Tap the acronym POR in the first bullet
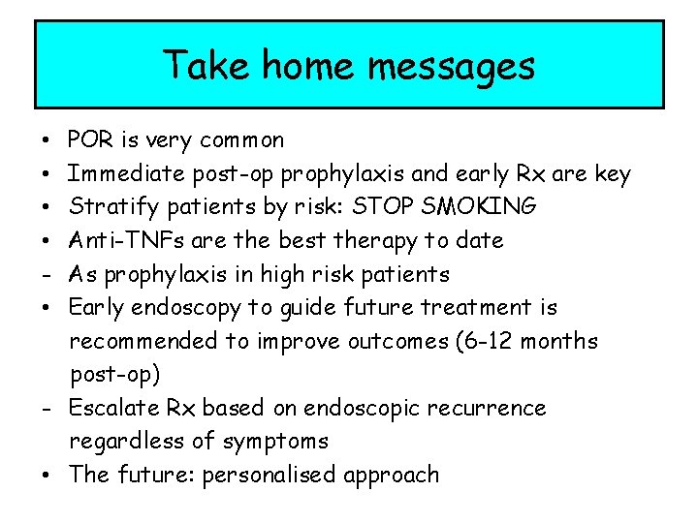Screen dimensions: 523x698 (90, 140)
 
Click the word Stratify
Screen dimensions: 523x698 (108, 207)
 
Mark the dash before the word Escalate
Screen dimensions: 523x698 (46, 409)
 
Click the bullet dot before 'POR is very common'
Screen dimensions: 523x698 (46, 141)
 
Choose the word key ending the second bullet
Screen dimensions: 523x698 (612, 174)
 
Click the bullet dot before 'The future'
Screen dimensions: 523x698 (46, 476)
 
